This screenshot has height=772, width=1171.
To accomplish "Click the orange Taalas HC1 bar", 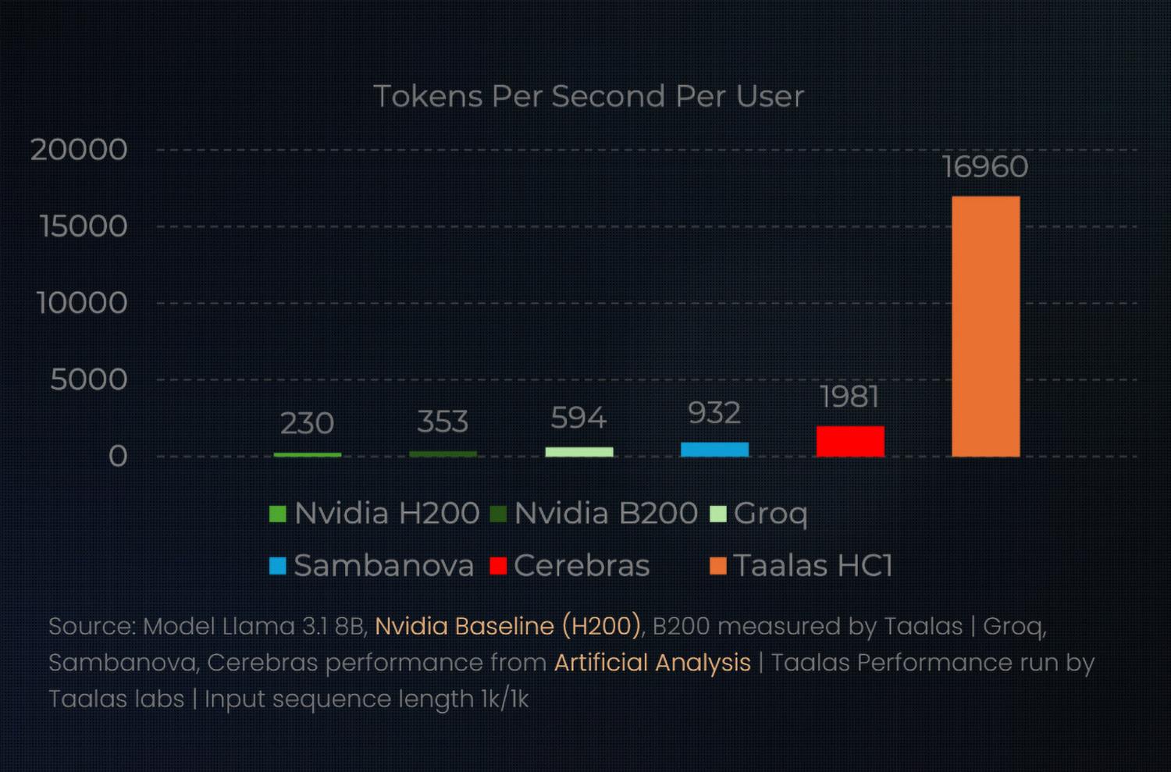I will pos(985,326).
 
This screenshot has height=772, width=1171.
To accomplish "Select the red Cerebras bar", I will pos(849,441).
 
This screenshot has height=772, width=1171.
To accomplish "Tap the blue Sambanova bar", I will pos(714,449).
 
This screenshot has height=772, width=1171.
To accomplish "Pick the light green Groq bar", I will pos(578,452).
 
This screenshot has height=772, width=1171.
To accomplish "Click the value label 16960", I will pos(985,167).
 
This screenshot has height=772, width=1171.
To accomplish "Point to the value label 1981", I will pos(849,397).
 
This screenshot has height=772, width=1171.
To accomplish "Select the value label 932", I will pos(714,413).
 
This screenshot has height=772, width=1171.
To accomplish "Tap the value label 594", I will pos(578,418).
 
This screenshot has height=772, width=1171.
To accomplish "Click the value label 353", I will pos(443,422).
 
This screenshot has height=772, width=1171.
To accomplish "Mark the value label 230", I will pos(307,424).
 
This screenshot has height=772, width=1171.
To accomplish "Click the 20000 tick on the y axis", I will pos(79,150).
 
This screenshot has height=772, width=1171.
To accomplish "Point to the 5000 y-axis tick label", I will pos(89,380).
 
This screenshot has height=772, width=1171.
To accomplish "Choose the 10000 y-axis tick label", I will pos(82,303).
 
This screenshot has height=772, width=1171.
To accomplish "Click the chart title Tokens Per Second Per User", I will pos(589,97).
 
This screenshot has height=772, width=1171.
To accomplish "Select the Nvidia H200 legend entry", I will pos(375,514).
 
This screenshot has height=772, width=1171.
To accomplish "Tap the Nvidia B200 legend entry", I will pos(595,514).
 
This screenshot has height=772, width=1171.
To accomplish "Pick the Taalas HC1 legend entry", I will pos(802,566).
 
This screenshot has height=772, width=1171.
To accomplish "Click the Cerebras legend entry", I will pos(571,566).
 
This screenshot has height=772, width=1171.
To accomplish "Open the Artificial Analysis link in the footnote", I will pos(653,663).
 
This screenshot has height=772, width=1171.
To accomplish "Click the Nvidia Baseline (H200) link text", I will pos(508,626).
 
